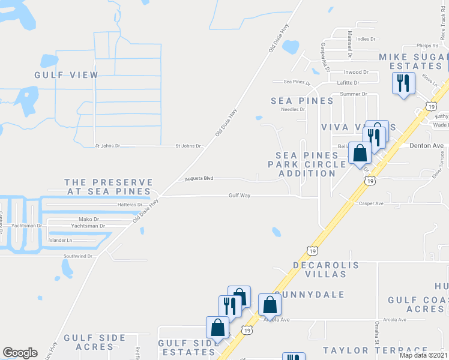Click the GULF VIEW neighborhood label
click(66, 75)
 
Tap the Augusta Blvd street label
click(199, 178)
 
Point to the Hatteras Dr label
click(130, 205)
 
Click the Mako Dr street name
click(89, 220)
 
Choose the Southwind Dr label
click(78, 256)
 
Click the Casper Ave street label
click(371, 203)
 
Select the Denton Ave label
click(426, 145)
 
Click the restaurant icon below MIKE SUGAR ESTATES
click(403, 82)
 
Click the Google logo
click(20, 353)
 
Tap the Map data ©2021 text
click(424, 355)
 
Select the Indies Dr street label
click(366, 39)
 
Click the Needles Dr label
click(294, 109)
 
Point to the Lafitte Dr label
click(348, 83)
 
